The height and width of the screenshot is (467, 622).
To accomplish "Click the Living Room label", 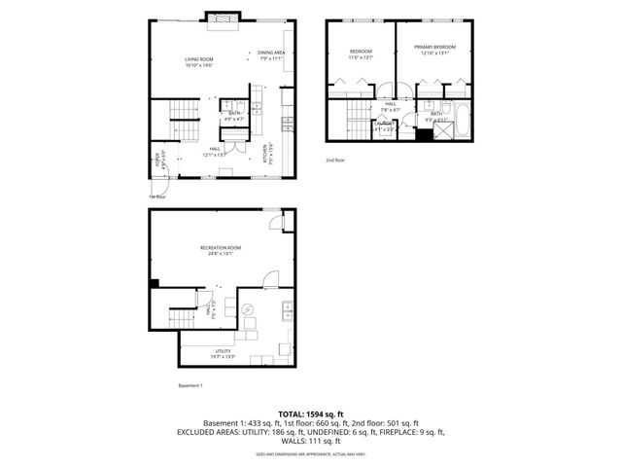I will [199, 60].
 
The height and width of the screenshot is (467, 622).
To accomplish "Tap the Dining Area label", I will [270, 53].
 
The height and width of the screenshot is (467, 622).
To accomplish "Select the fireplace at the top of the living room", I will [219, 18].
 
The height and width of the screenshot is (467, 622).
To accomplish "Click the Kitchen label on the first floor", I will [263, 154].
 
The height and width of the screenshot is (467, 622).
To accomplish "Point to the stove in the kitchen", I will [286, 123].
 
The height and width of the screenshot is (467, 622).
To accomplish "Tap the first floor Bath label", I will [233, 113].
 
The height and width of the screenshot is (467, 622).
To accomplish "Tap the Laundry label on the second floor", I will [385, 126].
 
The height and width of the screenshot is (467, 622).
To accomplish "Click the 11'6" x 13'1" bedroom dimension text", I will [361, 56].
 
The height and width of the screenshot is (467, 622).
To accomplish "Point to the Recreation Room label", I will [221, 248].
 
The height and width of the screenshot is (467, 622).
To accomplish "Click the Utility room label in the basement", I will [223, 351].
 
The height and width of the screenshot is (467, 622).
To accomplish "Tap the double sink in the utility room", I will [287, 311].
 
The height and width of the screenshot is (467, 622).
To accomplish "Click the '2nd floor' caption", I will [334, 161].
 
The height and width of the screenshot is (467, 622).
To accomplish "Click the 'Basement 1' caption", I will [190, 386].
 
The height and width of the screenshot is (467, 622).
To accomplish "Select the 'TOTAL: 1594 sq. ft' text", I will [310, 414].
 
